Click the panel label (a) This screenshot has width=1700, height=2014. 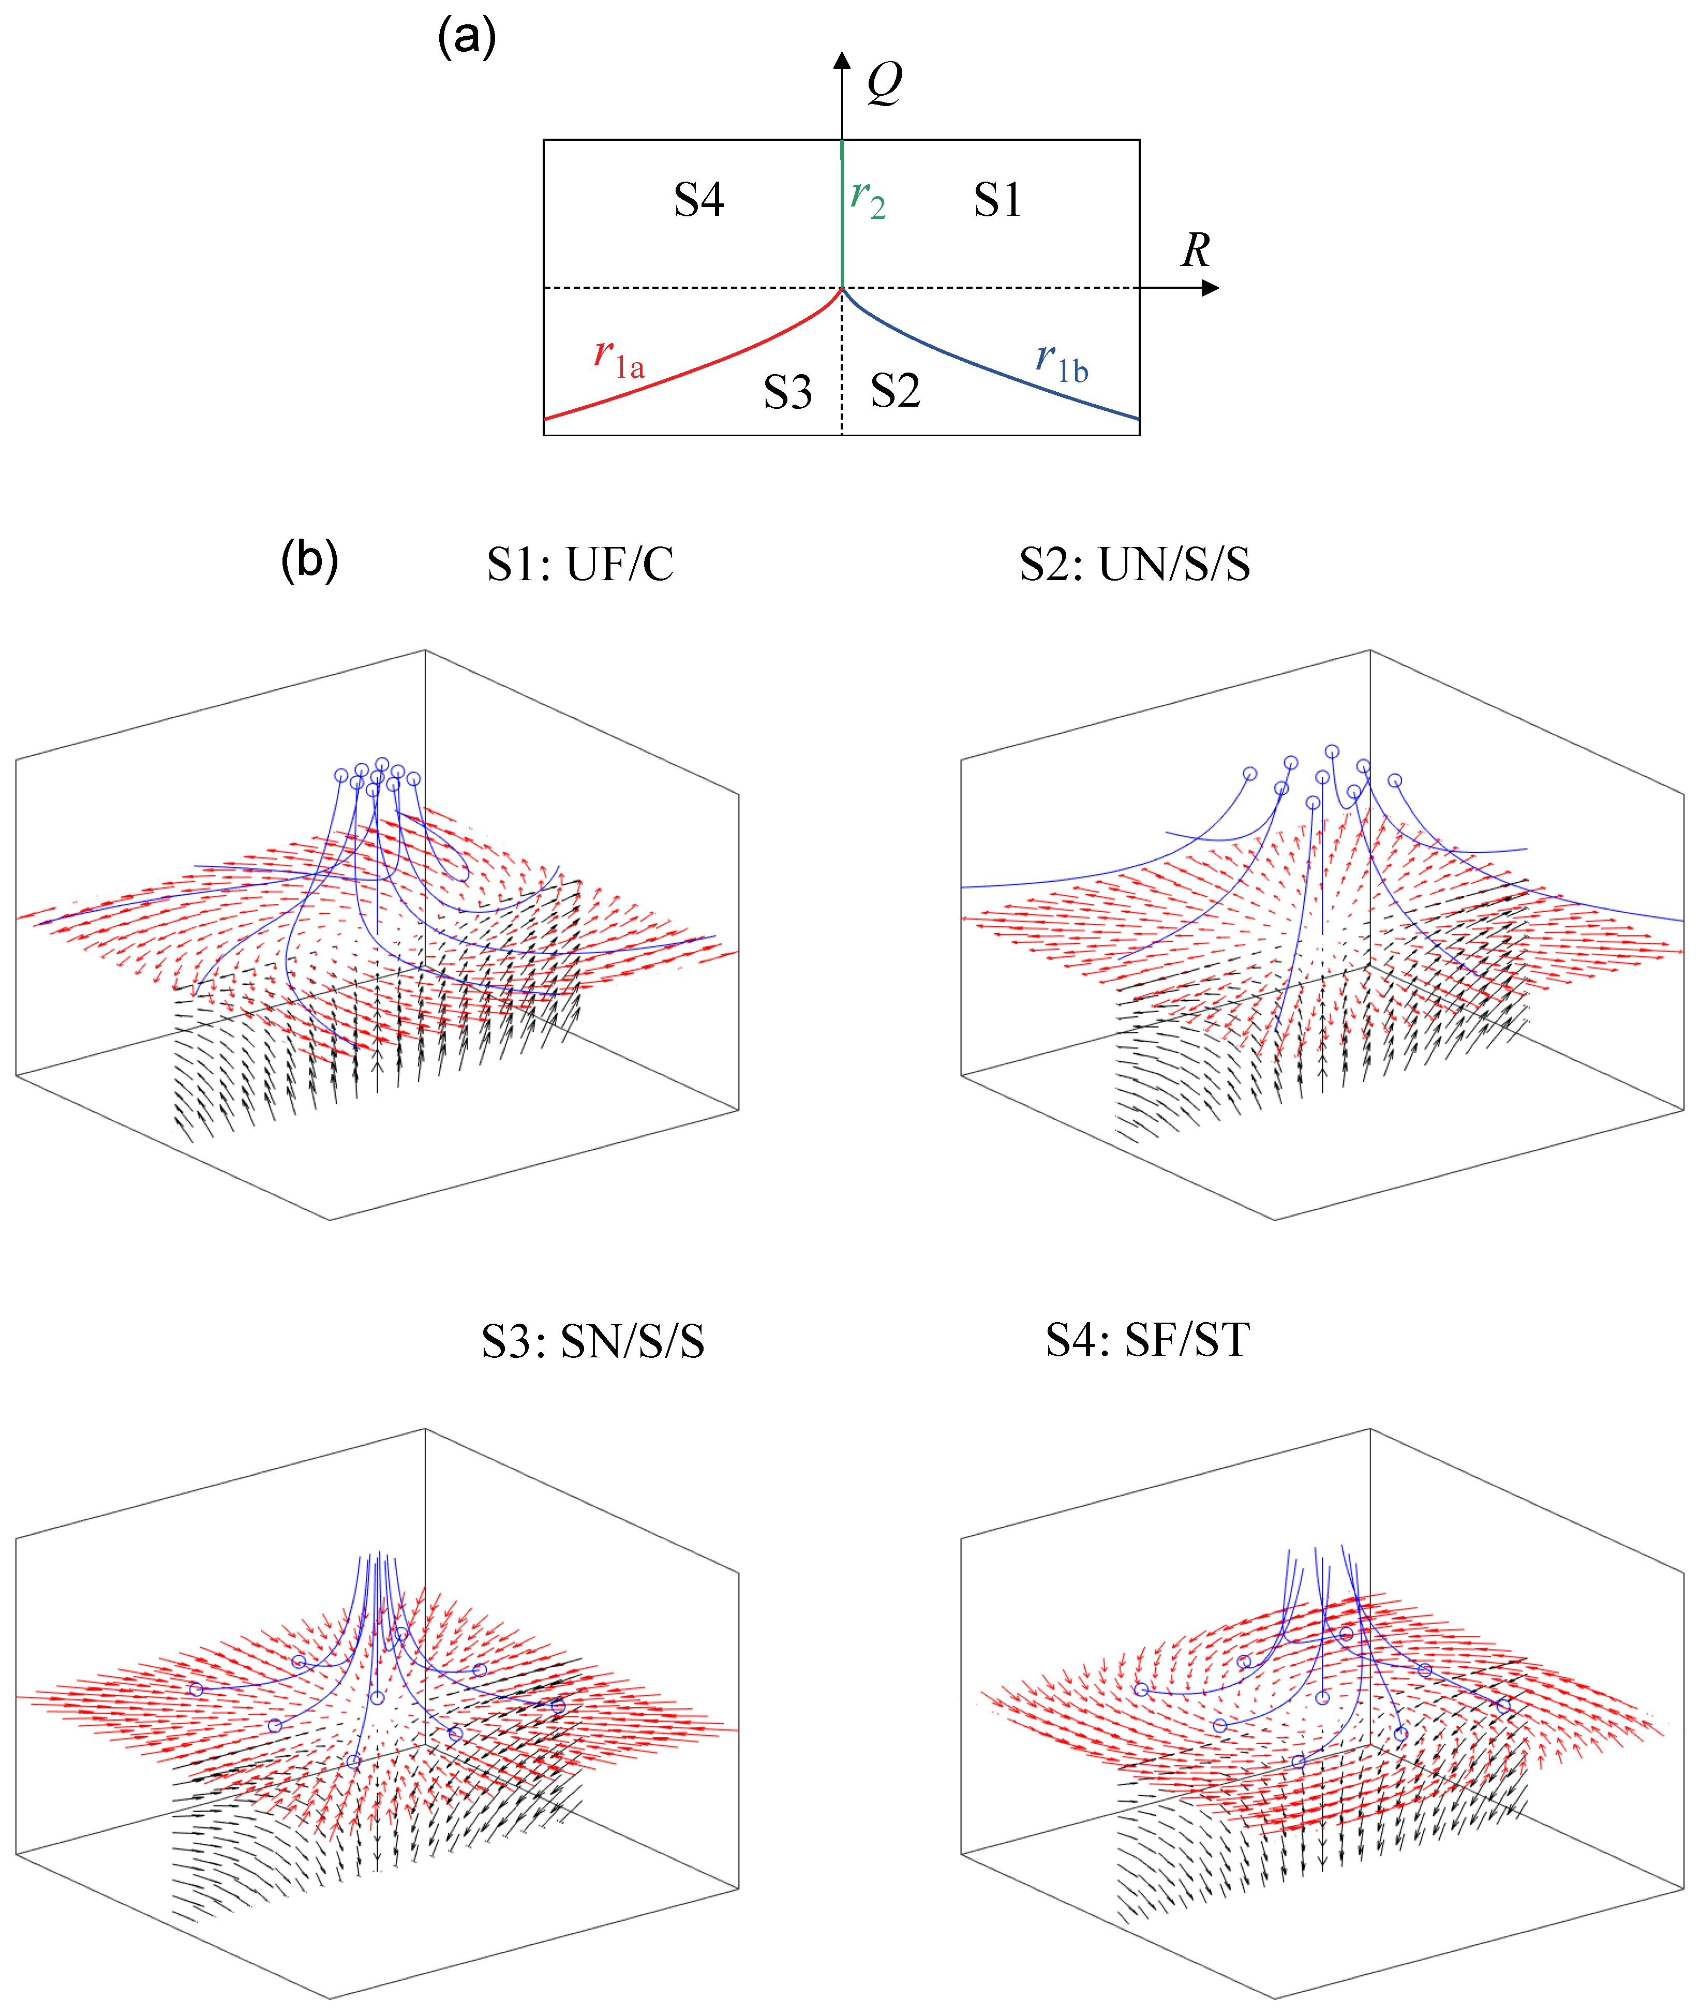tap(467, 39)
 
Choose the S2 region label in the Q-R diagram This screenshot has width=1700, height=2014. tap(896, 391)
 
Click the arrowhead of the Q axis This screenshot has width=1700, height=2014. tap(842, 60)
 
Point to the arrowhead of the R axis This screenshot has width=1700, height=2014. tap(1212, 287)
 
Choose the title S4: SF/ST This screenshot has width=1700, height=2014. tap(1148, 1340)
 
